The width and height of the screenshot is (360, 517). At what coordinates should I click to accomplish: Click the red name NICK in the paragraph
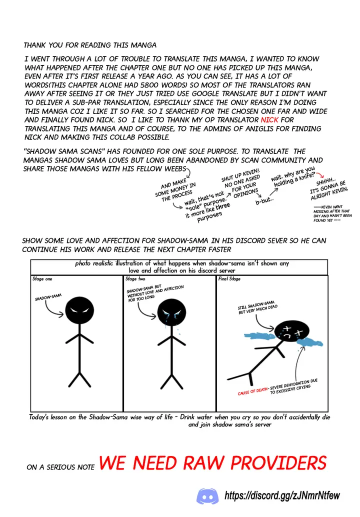269,120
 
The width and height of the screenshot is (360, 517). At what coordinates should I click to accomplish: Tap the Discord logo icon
207,496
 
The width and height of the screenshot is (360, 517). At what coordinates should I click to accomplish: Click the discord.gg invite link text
282,496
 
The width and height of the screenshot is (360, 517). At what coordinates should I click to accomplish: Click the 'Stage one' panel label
42,279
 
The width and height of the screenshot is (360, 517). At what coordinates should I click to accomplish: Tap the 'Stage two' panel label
135,279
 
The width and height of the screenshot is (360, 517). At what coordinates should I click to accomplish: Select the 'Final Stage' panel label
229,279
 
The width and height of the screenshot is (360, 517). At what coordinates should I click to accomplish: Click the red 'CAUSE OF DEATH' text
252,391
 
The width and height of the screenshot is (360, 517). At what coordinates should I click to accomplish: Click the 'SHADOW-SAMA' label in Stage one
48,297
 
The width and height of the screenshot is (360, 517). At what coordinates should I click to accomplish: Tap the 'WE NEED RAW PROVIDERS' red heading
212,463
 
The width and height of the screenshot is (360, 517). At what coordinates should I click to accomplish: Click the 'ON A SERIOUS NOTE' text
61,467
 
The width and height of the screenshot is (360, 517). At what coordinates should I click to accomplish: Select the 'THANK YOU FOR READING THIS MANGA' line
90,45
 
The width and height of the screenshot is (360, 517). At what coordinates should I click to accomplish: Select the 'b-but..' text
264,200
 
